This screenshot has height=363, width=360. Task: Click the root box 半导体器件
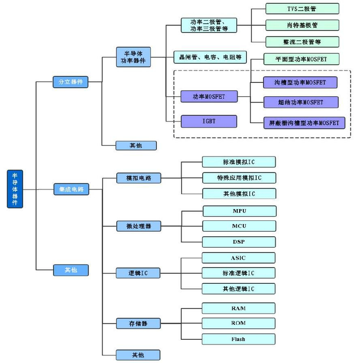click(x=15, y=189)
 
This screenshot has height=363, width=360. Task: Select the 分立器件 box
click(x=70, y=82)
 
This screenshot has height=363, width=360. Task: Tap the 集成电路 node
click(x=70, y=189)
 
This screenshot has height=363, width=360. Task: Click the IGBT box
click(x=209, y=121)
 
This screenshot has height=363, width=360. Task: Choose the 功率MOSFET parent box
click(x=209, y=96)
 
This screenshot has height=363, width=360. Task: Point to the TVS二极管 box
click(x=302, y=9)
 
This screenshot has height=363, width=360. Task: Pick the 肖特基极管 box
click(x=302, y=25)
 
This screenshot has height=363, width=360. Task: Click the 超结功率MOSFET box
click(x=301, y=102)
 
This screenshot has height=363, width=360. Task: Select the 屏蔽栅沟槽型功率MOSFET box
click(x=301, y=123)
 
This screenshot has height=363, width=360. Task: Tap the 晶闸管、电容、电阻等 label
click(x=210, y=56)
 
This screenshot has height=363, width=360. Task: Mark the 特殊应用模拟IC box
click(x=239, y=178)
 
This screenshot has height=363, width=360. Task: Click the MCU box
click(x=239, y=226)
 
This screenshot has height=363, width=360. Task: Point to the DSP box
click(x=239, y=242)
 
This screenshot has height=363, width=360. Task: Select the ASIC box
click(x=239, y=257)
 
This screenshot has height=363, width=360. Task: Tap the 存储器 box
click(x=138, y=323)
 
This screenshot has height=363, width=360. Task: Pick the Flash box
click(x=239, y=339)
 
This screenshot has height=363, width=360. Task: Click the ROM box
click(x=239, y=323)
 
